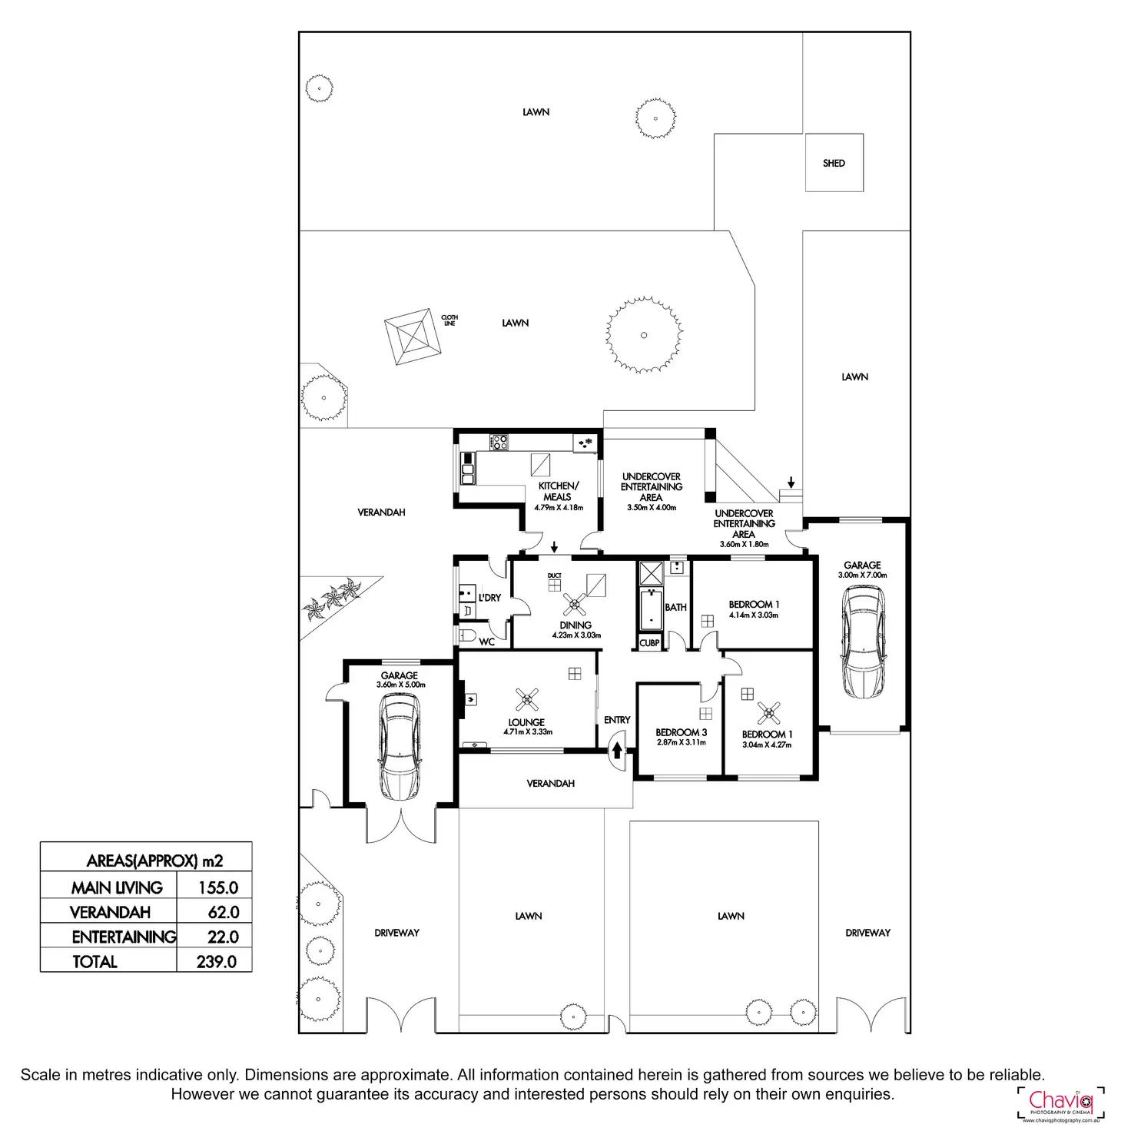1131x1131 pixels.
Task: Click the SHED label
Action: pos(834,163)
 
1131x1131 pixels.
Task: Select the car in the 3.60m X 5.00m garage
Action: pos(400,746)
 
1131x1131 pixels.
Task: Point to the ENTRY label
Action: pos(617,720)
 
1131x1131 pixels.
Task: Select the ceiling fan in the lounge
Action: pos(527,699)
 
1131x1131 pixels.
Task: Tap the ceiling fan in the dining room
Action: pos(575,604)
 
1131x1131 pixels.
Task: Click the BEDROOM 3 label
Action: pos(681,732)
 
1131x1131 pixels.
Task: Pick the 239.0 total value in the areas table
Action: pos(216,961)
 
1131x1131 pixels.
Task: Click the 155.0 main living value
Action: pos(218,887)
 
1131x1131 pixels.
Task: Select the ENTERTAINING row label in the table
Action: pos(124,937)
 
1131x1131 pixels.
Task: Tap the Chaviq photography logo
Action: pos(1060,1103)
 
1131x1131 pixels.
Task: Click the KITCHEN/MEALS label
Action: pos(558,491)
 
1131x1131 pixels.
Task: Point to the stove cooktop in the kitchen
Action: pos(499,442)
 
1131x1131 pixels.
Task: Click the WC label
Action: pos(486,642)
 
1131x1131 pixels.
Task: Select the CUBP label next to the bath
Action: pos(649,643)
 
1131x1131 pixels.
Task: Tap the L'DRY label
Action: pos(489,597)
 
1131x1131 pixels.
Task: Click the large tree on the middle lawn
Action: pos(644,335)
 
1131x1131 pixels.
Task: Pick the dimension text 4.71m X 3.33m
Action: pos(528,732)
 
